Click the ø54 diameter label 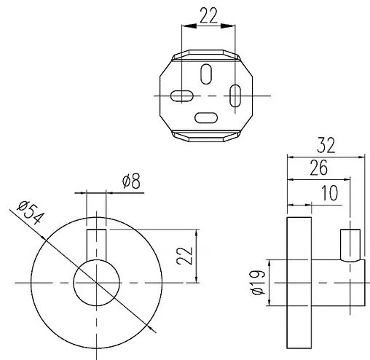pyautogui.click(x=31, y=212)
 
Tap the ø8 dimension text pyautogui.click(x=131, y=181)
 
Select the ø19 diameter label pyautogui.click(x=258, y=283)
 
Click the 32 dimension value pyautogui.click(x=326, y=145)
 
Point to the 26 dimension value pyautogui.click(x=318, y=168)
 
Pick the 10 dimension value pyautogui.click(x=329, y=193)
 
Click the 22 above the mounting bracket pyautogui.click(x=208, y=15)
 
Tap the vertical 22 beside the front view pyautogui.click(x=185, y=256)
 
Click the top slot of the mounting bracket pyautogui.click(x=206, y=74)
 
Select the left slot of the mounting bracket pyautogui.click(x=182, y=95)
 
